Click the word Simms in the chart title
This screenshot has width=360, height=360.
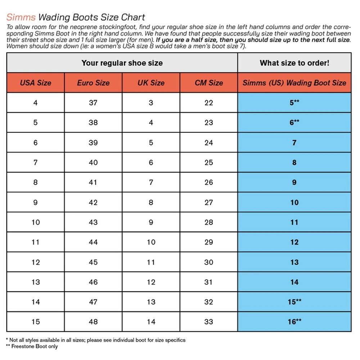(x=21, y=17)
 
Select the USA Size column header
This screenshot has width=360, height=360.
(x=35, y=83)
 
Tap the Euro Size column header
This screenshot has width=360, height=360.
(x=93, y=83)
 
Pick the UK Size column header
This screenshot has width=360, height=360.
(x=151, y=83)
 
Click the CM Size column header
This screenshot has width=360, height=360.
(x=209, y=83)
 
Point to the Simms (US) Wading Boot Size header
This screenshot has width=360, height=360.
(x=294, y=83)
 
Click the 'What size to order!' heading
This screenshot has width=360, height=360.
(x=294, y=63)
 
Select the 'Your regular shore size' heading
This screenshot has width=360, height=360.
(x=122, y=63)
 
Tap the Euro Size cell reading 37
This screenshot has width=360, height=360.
(x=93, y=103)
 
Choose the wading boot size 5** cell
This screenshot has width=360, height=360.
(x=294, y=103)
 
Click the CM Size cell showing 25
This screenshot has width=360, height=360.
(x=209, y=162)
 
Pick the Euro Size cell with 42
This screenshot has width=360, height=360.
(x=93, y=202)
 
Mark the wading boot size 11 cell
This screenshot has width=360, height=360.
(x=294, y=222)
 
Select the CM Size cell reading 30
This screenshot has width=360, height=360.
(x=209, y=262)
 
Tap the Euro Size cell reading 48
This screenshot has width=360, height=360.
(x=93, y=321)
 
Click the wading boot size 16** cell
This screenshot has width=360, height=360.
(x=294, y=321)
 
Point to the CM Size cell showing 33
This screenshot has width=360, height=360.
(x=209, y=321)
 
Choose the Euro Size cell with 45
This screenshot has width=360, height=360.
(x=93, y=262)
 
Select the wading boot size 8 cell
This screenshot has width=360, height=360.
(x=294, y=162)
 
